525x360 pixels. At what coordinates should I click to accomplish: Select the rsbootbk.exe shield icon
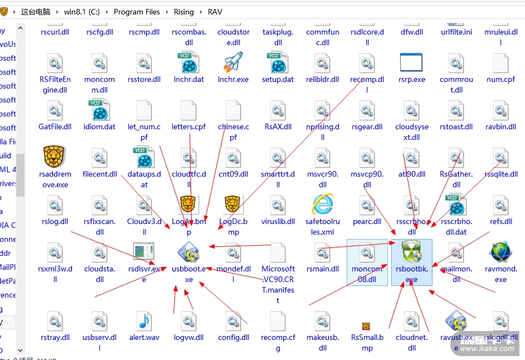click(411, 252)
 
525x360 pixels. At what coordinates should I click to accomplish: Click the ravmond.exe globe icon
click(500, 252)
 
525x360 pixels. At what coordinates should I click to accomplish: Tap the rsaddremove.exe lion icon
click(55, 158)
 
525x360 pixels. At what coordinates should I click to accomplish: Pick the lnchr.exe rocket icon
click(233, 63)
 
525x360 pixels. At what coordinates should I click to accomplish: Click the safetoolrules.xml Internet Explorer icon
click(322, 205)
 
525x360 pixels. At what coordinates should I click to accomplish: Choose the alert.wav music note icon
click(144, 321)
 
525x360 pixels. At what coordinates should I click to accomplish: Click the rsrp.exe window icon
click(411, 63)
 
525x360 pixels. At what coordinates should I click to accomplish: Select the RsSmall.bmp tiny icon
click(366, 326)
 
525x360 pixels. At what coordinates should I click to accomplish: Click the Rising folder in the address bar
click(183, 12)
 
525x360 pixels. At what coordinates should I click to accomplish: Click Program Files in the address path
click(137, 12)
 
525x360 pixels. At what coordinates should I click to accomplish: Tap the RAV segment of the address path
click(215, 12)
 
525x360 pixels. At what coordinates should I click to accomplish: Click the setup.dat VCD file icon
click(278, 63)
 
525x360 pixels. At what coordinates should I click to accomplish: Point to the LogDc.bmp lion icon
click(233, 205)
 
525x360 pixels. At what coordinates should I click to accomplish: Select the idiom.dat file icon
click(99, 110)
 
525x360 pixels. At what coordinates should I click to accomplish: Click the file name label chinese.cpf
click(233, 132)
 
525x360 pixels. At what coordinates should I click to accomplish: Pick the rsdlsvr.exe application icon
click(144, 252)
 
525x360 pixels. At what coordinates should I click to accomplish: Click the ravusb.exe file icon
click(456, 321)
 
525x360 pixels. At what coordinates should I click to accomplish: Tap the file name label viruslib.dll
click(278, 221)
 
